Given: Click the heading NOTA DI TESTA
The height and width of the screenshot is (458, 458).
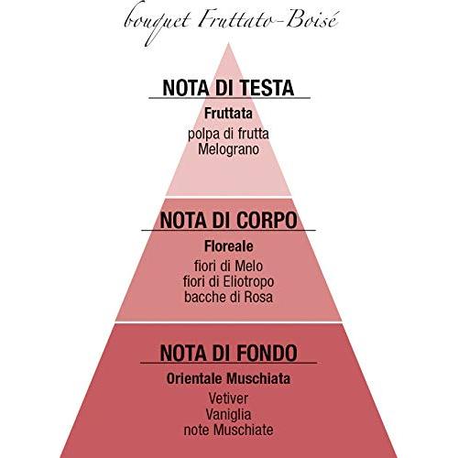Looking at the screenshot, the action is pyautogui.click(x=228, y=88).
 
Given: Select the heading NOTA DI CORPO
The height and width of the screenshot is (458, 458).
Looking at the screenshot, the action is pyautogui.click(x=228, y=220).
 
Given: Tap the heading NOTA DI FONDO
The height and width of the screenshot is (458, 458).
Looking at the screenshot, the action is pyautogui.click(x=228, y=353).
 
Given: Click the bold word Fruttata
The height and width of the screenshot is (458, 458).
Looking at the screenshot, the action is pyautogui.click(x=228, y=114).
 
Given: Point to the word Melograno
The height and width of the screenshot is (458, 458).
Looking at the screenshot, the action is pyautogui.click(x=228, y=149).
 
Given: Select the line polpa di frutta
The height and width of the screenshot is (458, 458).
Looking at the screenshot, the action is pyautogui.click(x=228, y=134).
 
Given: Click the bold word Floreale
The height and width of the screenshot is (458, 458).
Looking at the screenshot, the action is pyautogui.click(x=229, y=246).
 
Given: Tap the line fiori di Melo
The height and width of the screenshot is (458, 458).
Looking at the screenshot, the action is pyautogui.click(x=228, y=266).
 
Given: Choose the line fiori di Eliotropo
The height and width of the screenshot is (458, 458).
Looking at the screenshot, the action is pyautogui.click(x=228, y=281).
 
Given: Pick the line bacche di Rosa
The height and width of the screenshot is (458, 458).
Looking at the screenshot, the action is pyautogui.click(x=228, y=297).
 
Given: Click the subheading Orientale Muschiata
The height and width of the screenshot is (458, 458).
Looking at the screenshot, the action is pyautogui.click(x=228, y=379).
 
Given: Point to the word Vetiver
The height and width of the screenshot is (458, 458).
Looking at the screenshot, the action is pyautogui.click(x=228, y=398).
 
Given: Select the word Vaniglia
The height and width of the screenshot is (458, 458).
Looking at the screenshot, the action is pyautogui.click(x=228, y=415).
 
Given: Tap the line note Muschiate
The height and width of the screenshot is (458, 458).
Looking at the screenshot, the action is pyautogui.click(x=228, y=430).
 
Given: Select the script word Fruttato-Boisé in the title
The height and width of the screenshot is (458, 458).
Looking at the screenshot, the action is pyautogui.click(x=268, y=18).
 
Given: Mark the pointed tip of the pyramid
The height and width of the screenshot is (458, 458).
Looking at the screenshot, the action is pyautogui.click(x=229, y=43).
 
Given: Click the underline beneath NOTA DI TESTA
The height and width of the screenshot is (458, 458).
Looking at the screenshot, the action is pyautogui.click(x=230, y=98).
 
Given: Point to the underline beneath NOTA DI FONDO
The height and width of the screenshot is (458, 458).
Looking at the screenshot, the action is pyautogui.click(x=229, y=363).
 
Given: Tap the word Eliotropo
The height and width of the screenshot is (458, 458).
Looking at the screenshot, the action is pyautogui.click(x=248, y=281).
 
